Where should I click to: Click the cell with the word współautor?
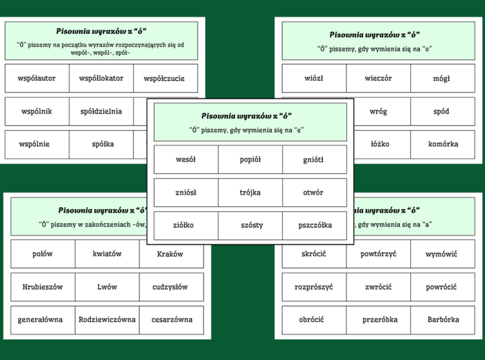[37, 78]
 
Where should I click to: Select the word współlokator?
[101, 78]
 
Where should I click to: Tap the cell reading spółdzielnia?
[101, 111]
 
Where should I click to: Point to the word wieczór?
[378, 78]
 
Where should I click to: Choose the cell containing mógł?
[441, 78]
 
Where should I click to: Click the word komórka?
[443, 144]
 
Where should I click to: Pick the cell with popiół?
[250, 159]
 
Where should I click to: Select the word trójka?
[250, 192]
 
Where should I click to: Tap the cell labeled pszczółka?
[315, 225]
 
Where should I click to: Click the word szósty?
[250, 225]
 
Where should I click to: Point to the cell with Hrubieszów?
[42, 287]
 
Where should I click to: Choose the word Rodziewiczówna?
[107, 320]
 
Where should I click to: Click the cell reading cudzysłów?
[172, 287]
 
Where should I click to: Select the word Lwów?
[107, 287]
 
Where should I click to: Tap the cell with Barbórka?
[443, 320]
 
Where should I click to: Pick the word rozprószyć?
[314, 287]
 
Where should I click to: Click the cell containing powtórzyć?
[378, 254]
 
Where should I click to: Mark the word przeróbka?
[378, 320]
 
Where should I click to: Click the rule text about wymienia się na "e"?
[250, 129]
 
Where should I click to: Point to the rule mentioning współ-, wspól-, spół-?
[101, 48]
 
